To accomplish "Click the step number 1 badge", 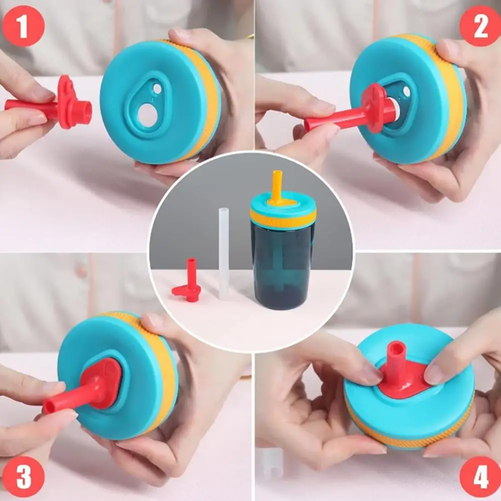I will (x=23, y=26).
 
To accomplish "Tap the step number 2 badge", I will (x=480, y=26).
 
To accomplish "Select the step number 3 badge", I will (x=23, y=477).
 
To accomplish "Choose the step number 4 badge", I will (x=480, y=477).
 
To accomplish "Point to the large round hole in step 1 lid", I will (x=147, y=116).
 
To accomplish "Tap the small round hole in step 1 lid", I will (x=157, y=89).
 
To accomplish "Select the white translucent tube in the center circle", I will (x=224, y=250).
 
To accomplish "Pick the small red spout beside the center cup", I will (x=189, y=283).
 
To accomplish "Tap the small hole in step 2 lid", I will (x=406, y=92).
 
